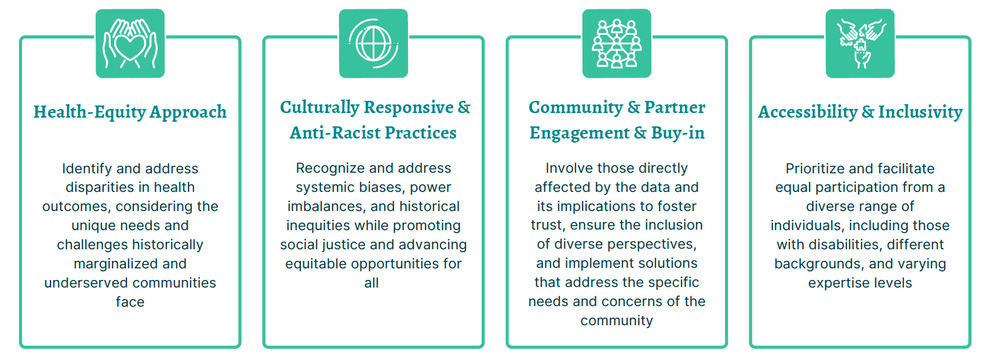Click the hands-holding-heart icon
coord(130,43)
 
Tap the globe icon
coord(373,43)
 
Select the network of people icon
coord(617,43)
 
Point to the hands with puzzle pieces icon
coord(859,43)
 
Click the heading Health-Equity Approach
coord(130,112)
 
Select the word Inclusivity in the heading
coord(920,112)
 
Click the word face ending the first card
coord(130,302)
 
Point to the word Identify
coord(87,169)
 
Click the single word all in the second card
coord(371,282)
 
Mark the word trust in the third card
coord(547,225)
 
